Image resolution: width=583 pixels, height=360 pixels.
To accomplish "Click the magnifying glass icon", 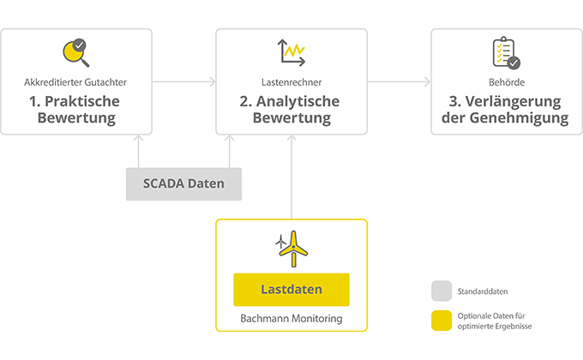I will tap(75, 53).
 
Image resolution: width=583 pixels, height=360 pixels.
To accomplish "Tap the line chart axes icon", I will tap(291, 53).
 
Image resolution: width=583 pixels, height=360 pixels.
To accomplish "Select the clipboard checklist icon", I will tap(506, 53).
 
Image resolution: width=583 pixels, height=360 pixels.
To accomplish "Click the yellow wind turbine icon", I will tap(291, 249).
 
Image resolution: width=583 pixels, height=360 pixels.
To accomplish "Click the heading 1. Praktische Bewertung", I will tap(76, 110).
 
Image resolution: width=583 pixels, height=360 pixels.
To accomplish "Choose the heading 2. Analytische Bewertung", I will tap(291, 110).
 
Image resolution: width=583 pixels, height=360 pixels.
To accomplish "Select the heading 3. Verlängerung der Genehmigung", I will tap(506, 110).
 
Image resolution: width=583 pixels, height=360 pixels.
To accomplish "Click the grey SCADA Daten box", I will tap(183, 183).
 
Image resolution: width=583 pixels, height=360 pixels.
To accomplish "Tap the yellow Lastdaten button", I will tap(291, 290).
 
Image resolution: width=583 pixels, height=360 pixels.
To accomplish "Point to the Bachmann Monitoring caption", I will tap(291, 320).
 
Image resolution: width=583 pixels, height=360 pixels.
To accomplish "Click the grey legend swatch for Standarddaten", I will tap(442, 291).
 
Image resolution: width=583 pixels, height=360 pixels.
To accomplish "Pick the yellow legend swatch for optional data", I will tap(442, 320).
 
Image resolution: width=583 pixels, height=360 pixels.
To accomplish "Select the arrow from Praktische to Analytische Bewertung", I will tap(183, 82).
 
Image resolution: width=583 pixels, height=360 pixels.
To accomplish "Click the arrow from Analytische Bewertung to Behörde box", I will tap(399, 82).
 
